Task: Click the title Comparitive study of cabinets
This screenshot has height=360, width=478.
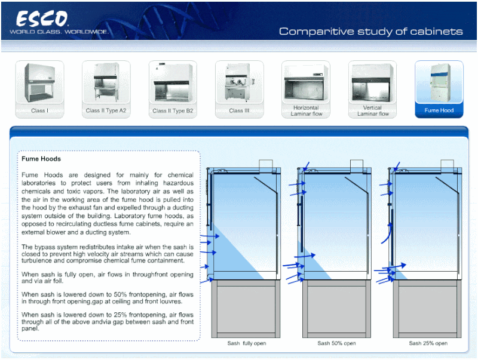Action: [370, 31]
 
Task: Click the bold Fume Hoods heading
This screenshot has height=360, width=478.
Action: [41, 159]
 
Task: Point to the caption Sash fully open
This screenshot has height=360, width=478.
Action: [247, 343]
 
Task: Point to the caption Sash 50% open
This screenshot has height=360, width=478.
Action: [336, 343]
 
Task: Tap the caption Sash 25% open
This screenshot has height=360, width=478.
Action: [428, 343]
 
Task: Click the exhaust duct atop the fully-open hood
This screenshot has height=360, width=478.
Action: [265, 165]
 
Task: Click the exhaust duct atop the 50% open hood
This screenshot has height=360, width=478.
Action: [357, 165]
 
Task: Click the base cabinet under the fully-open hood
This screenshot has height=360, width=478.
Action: [247, 310]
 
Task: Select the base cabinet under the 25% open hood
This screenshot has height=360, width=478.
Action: [428, 310]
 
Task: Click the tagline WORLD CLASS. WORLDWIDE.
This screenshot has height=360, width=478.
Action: [59, 31]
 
